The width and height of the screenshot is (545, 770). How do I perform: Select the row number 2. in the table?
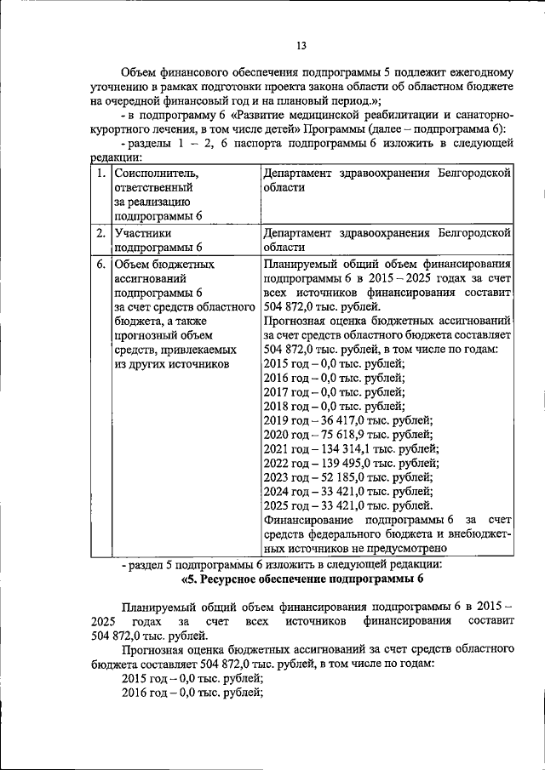100,232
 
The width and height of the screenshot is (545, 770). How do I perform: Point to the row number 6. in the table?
100,265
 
